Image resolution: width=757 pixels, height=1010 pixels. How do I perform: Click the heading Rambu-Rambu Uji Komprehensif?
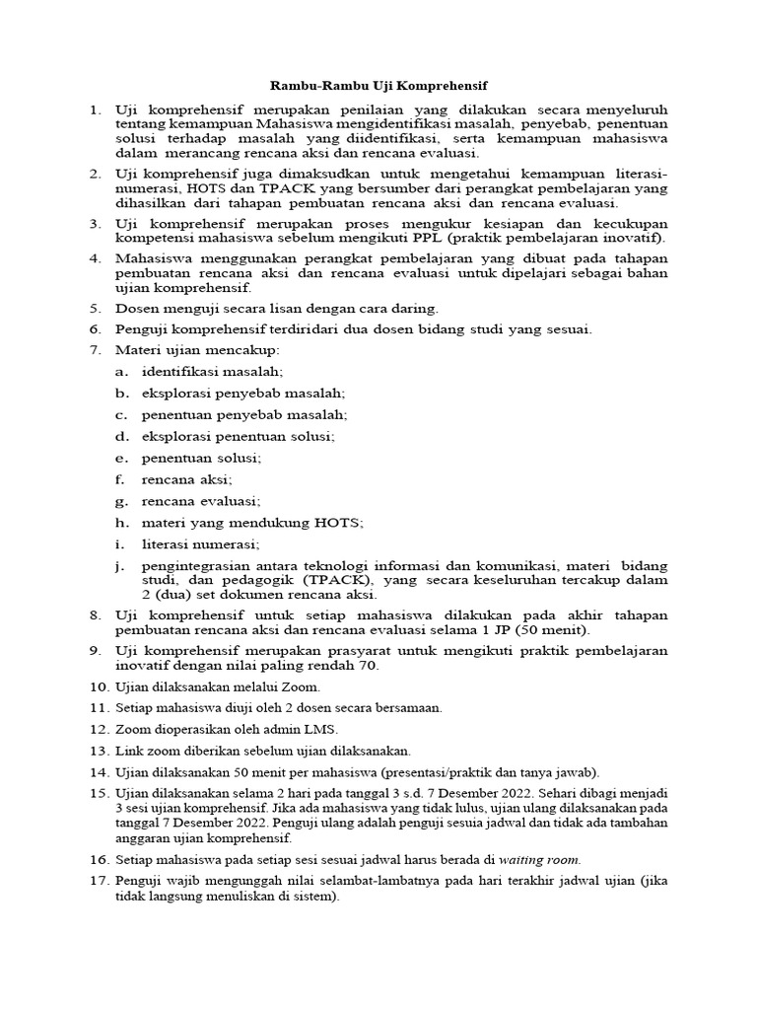pyautogui.click(x=379, y=86)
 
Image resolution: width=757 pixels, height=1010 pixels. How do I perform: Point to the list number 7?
pyautogui.click(x=96, y=350)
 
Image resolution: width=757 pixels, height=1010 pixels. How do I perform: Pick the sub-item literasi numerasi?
pyautogui.click(x=200, y=543)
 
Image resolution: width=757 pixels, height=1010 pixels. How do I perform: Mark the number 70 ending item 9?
pyautogui.click(x=366, y=666)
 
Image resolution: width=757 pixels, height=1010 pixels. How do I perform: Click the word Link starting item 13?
pyautogui.click(x=130, y=751)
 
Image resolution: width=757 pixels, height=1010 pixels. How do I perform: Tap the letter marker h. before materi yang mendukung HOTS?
pyautogui.click(x=122, y=522)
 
